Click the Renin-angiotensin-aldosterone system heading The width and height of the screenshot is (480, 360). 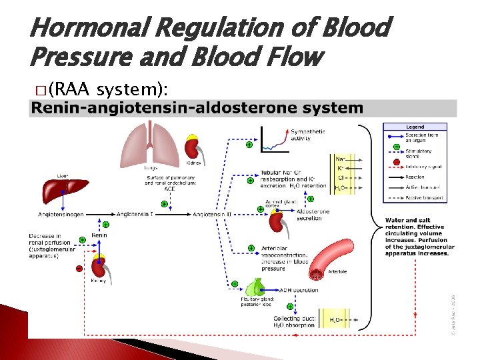198,108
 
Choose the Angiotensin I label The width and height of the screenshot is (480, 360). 136,214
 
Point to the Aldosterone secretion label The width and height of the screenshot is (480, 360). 313,214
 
